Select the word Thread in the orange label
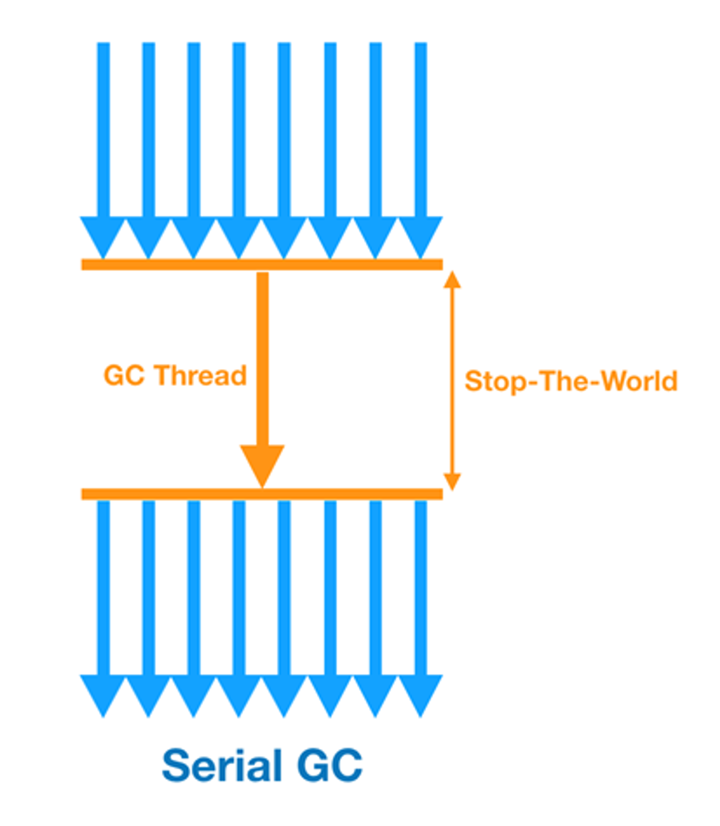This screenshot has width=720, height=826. (201, 376)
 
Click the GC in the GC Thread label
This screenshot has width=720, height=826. (124, 376)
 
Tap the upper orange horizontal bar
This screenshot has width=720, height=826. (262, 264)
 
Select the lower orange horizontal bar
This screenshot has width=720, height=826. (262, 494)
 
